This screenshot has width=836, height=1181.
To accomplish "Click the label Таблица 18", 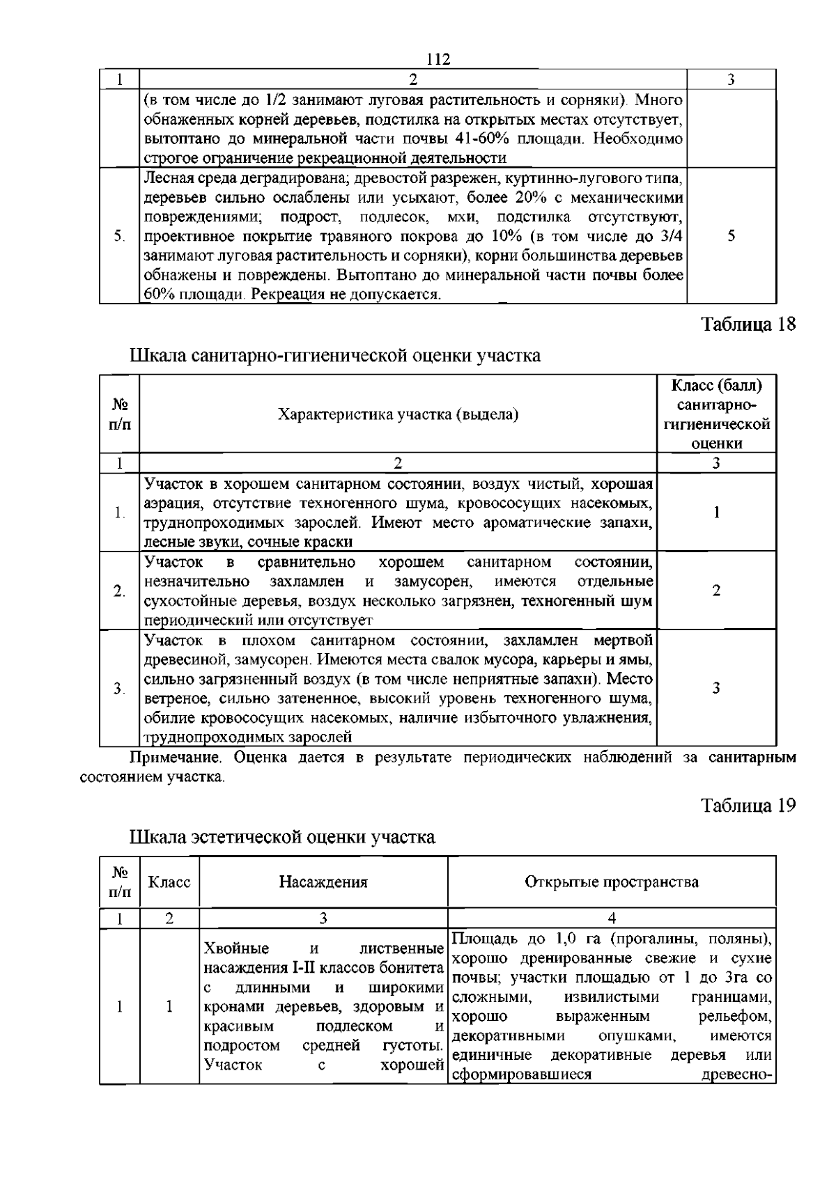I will (x=748, y=325).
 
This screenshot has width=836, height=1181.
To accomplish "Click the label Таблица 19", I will (x=748, y=806).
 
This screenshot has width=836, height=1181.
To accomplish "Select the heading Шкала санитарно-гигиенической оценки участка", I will (x=335, y=356).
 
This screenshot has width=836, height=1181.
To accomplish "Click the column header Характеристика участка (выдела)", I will (x=398, y=415).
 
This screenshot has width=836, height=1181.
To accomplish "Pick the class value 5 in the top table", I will (x=731, y=236).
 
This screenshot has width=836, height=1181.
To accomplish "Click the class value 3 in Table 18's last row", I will (x=715, y=688).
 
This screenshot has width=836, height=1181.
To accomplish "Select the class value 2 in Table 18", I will (x=715, y=590).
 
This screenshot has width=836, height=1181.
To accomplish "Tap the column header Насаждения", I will (x=323, y=882).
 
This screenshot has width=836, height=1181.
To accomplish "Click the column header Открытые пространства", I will (x=611, y=882).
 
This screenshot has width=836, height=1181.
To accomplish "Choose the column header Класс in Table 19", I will (x=169, y=882).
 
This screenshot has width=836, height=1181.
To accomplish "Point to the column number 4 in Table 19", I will (x=611, y=918).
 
